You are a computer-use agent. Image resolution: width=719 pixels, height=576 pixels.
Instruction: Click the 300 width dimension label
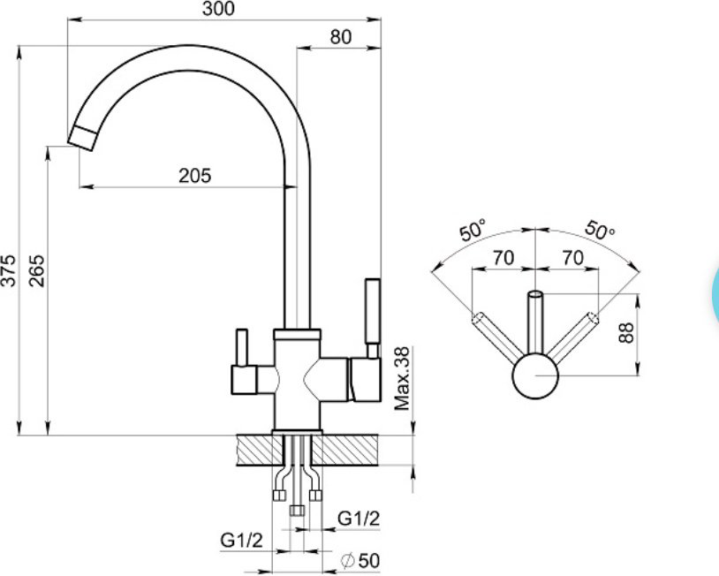218,9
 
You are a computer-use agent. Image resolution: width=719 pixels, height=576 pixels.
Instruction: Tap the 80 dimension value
341,37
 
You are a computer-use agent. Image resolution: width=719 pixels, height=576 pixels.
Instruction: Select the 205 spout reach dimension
195,176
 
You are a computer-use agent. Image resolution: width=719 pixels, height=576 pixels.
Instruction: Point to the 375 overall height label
8,269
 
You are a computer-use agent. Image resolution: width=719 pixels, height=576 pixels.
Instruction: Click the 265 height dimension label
37,270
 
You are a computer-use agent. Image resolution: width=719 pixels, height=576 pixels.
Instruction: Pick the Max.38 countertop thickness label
402,378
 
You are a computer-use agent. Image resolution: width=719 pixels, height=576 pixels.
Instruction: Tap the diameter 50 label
360,560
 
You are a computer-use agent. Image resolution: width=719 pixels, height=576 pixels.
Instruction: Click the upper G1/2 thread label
359,519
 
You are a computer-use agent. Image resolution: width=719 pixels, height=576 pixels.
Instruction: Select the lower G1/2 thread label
242,541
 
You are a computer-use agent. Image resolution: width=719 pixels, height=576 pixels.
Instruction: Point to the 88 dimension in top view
626,333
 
